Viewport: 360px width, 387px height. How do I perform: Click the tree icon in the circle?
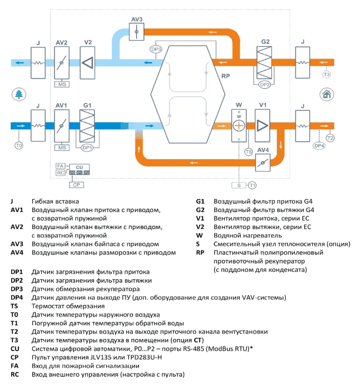click(x=19, y=94)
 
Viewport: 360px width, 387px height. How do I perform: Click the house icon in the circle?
click(x=327, y=94)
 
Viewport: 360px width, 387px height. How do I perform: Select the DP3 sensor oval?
click(x=156, y=49)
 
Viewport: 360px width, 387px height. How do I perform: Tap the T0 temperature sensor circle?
click(x=19, y=145)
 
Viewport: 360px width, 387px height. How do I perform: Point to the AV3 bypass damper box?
click(x=137, y=32)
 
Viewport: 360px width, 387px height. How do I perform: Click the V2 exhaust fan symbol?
click(x=88, y=63)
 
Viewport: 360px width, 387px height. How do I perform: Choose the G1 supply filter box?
click(x=87, y=126)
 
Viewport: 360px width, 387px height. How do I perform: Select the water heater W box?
click(x=239, y=126)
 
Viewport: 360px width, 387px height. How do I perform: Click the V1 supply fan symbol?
click(x=262, y=126)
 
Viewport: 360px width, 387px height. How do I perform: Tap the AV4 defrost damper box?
click(x=263, y=162)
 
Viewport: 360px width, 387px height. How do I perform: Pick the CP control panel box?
click(x=77, y=185)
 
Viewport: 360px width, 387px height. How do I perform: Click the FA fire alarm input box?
click(x=61, y=166)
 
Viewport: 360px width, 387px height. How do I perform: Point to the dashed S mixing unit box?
click(x=239, y=185)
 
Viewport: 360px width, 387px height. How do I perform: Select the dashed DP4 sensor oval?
click(x=319, y=145)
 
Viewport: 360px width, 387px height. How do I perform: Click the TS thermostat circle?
click(x=249, y=152)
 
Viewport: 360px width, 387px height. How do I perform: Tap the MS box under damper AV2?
click(x=62, y=84)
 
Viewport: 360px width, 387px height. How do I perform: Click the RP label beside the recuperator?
click(x=225, y=76)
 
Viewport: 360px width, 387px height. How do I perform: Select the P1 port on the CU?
click(x=79, y=173)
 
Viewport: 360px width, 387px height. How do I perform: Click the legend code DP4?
click(x=17, y=297)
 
